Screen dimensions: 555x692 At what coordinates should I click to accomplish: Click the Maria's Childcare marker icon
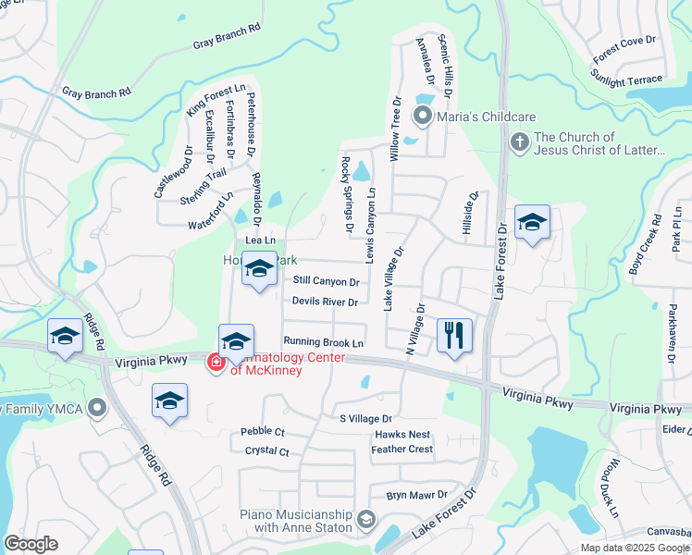coord(423,117)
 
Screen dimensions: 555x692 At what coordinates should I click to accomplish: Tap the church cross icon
coord(520,142)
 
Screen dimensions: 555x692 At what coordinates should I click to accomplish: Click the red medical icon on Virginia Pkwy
coord(216,363)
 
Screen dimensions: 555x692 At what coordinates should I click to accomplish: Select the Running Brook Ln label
coord(323,342)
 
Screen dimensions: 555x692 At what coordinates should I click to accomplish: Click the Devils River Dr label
coord(325,302)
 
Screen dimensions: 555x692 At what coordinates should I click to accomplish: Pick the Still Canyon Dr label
coord(326,280)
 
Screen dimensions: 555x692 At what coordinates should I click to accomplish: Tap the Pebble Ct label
coord(263,432)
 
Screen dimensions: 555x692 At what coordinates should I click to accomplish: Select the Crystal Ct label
coord(267,451)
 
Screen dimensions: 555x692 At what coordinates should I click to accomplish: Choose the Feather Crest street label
coord(402,450)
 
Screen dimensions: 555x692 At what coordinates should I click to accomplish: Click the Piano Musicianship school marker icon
coord(367,520)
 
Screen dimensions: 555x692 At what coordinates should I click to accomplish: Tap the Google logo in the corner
coord(31,544)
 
